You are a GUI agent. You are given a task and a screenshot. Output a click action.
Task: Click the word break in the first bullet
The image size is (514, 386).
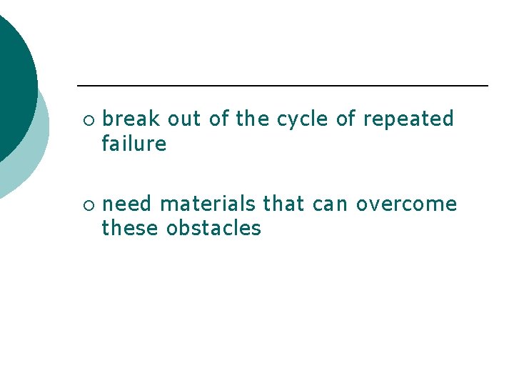coord(131,119)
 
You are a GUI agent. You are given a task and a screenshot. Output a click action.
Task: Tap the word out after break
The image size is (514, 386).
coord(184,119)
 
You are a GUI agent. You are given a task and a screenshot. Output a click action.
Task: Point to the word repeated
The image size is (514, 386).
coord(408,119)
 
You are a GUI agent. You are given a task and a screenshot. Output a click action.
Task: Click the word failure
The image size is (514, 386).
coord(133,144)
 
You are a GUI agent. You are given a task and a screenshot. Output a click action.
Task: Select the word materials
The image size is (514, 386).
coord(207,204)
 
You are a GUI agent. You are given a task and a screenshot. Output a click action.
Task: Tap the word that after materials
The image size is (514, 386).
coord(283,204)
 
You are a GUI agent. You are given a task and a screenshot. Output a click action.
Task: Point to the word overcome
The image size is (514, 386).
coord(406,204)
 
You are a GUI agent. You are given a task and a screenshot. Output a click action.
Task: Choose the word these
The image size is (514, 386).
coord(131,229)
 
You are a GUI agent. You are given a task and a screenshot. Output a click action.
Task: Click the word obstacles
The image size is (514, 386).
coord(213,229)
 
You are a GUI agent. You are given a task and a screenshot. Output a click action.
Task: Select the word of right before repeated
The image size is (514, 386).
coord(346,119)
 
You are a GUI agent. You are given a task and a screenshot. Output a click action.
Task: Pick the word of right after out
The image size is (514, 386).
coord(219,119)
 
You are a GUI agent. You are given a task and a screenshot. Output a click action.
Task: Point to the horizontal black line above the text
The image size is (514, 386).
coord(282,86)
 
